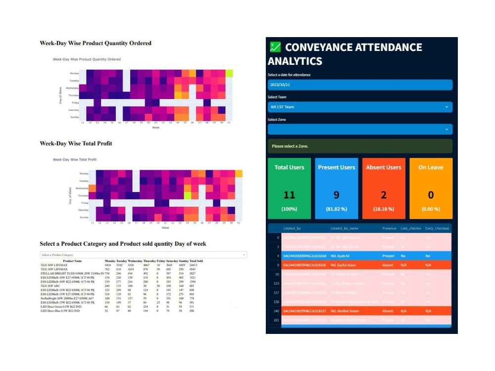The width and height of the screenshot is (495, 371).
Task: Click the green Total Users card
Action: tap(289, 188)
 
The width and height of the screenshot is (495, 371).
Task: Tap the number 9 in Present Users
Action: tap(337, 195)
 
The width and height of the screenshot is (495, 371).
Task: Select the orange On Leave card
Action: tap(431, 188)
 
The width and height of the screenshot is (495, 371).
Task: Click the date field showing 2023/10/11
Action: tap(360, 85)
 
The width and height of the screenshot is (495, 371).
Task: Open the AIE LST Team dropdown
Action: tap(360, 107)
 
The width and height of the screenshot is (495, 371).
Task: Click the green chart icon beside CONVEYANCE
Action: tap(275, 47)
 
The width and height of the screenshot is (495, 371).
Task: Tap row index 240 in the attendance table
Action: tap(276, 311)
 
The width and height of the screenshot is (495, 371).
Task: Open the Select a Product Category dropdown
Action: tap(143, 255)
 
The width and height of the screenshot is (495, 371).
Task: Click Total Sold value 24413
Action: tap(197, 265)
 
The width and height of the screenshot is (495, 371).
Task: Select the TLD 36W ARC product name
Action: tap(50, 285)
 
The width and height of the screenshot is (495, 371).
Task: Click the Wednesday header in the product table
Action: tap(135, 261)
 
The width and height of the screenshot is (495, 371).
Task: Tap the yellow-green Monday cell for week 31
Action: tap(229, 73)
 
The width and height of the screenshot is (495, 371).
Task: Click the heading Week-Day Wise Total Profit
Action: tap(76, 143)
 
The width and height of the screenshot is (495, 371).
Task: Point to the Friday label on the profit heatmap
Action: tap(85, 203)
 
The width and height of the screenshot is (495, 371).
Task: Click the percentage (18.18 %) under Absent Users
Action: tap(384, 209)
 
